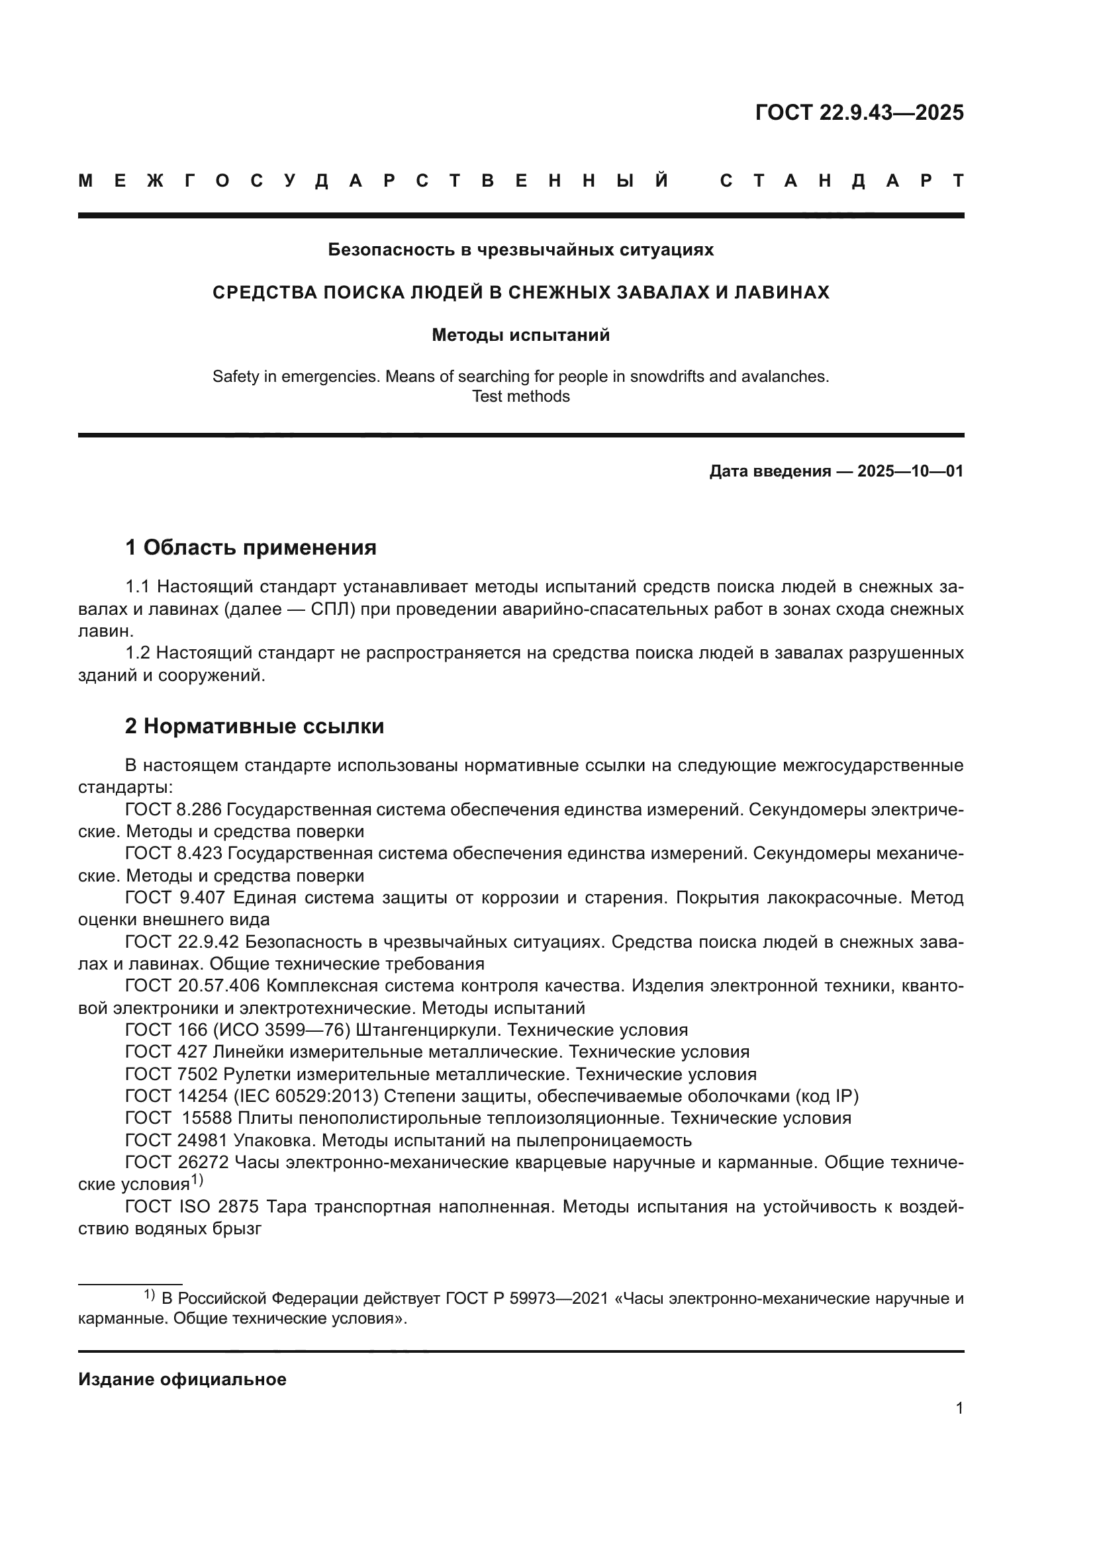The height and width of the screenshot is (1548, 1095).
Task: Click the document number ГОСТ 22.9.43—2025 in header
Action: (x=859, y=112)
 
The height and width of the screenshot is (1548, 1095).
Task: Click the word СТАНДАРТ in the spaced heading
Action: (x=842, y=181)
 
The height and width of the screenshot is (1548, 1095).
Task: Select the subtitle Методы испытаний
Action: (x=520, y=335)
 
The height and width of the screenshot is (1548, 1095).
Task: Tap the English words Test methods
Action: (x=520, y=396)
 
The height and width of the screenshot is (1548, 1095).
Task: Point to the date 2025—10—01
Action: (x=910, y=471)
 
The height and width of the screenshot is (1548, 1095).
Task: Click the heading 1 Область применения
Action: (x=251, y=547)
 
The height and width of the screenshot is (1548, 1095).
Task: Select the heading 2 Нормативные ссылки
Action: (x=255, y=726)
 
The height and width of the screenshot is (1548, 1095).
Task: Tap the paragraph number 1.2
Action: (x=139, y=653)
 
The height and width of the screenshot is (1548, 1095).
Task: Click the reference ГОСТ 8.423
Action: (x=173, y=854)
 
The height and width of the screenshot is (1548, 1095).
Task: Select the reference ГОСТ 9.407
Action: (x=173, y=898)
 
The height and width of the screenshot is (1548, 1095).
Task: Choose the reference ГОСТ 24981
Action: (x=177, y=1141)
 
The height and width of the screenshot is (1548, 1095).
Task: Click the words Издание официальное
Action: (x=182, y=1379)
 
